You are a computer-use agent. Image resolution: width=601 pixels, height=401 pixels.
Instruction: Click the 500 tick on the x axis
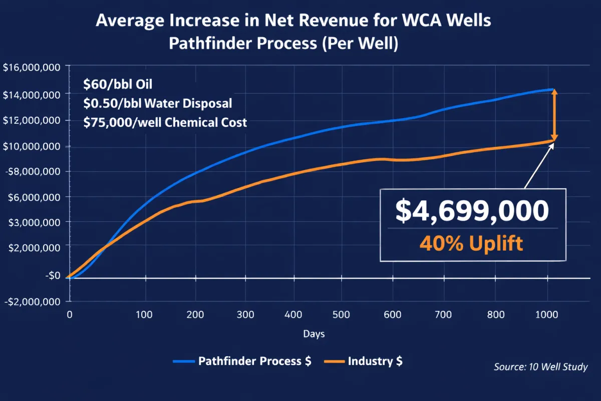click(x=341, y=315)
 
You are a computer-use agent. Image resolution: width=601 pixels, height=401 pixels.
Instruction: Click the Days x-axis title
click(x=314, y=334)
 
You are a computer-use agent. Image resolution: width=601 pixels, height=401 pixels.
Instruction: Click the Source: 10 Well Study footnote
click(x=540, y=367)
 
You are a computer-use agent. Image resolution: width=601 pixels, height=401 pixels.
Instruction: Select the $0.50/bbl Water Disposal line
click(x=158, y=103)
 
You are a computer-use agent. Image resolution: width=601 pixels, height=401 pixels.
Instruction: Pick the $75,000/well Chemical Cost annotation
click(x=165, y=122)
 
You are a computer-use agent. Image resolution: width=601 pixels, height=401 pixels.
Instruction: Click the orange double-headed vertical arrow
click(x=554, y=115)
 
